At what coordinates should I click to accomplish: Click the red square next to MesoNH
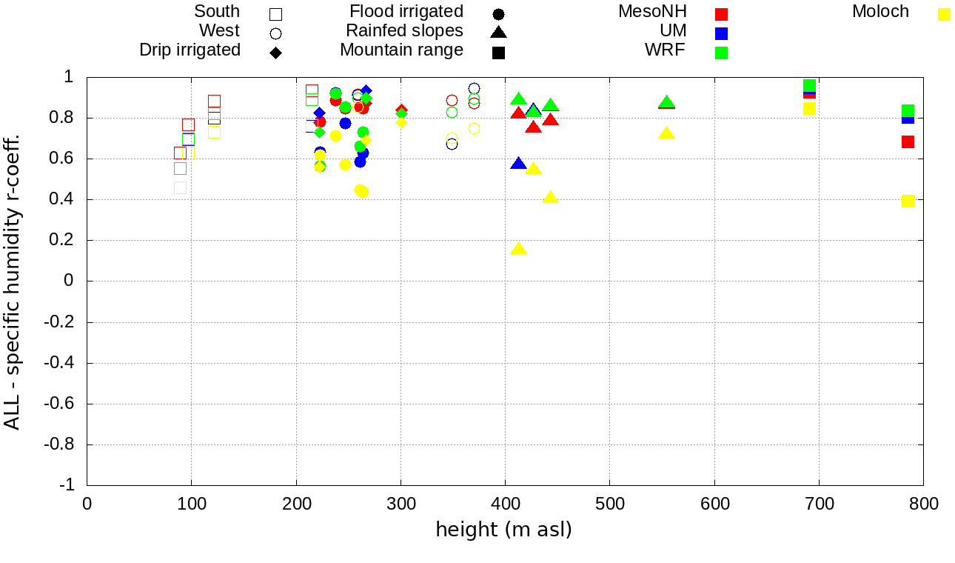point(722,14)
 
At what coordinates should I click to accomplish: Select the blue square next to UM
point(722,33)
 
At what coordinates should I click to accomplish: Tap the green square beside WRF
point(722,53)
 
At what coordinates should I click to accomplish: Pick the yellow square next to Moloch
point(944,14)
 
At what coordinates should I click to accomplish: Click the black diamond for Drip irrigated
point(275,53)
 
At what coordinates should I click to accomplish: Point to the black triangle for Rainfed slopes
point(498,33)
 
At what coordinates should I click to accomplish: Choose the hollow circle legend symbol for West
point(275,33)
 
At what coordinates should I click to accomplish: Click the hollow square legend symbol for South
point(275,14)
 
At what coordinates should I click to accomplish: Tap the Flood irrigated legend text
point(406,12)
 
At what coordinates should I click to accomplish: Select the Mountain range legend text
point(401,50)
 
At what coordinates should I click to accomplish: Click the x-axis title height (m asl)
point(503,530)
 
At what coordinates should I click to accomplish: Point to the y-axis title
point(13,281)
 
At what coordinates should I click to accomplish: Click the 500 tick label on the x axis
point(609,504)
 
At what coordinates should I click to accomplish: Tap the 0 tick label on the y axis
point(68,281)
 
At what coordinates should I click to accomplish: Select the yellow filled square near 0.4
point(908,201)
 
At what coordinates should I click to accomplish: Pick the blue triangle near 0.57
point(518,164)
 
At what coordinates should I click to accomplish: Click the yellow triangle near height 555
point(666,133)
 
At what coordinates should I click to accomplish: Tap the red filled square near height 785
point(908,141)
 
